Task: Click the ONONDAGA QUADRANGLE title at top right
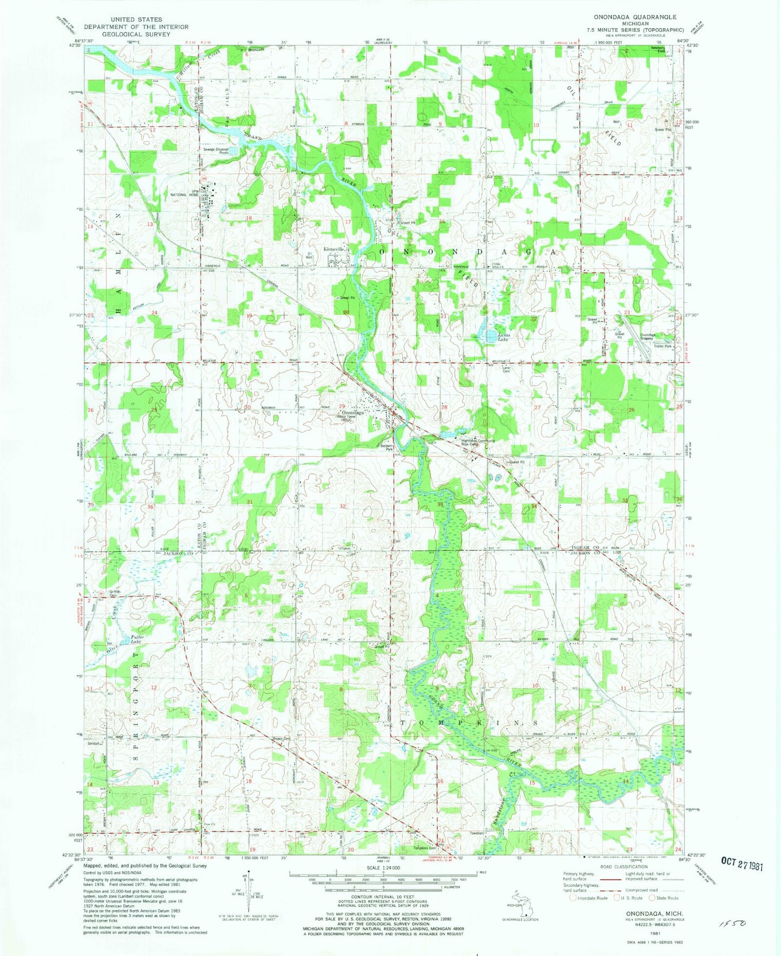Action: [635, 17]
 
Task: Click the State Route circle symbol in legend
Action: [652, 898]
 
